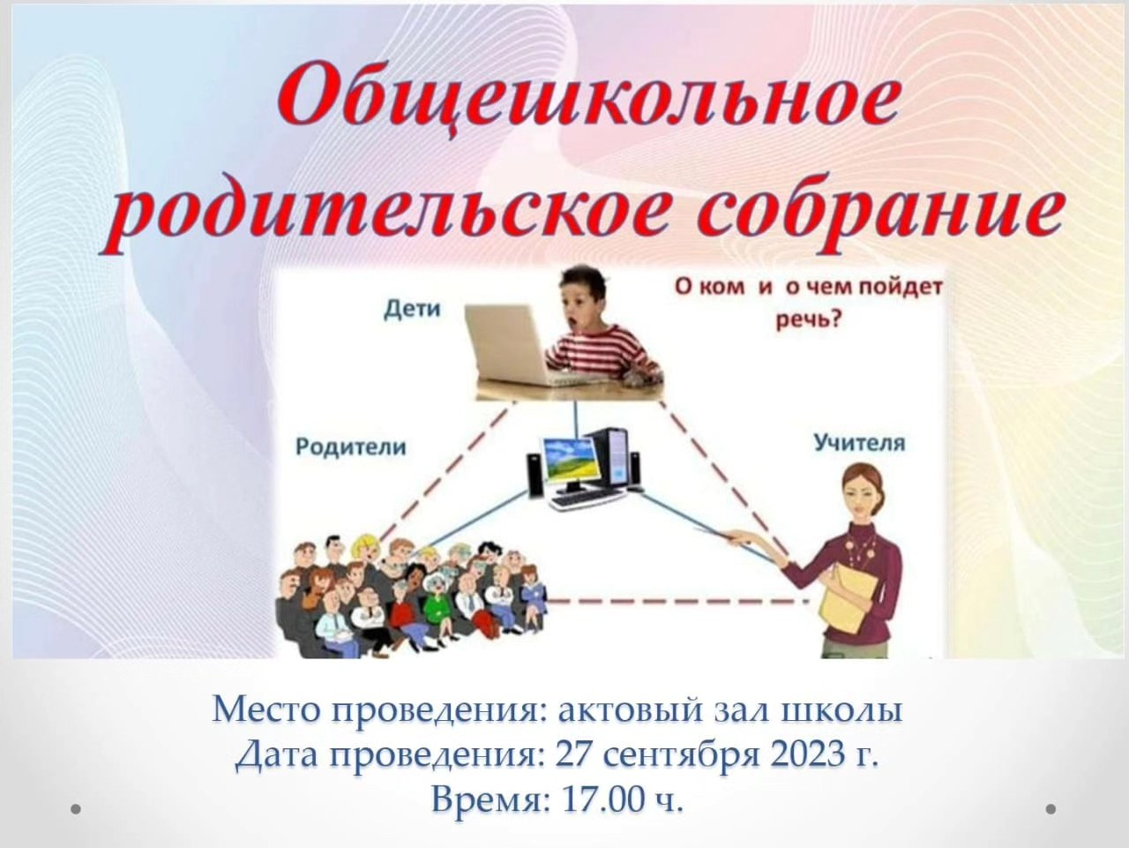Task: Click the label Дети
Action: coord(412,310)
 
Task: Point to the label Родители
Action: coord(351,447)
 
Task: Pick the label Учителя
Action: coord(859,442)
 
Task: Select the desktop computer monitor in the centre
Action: coord(572,468)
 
